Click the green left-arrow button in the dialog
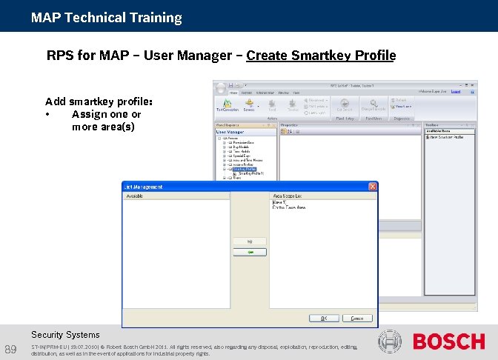click(250, 253)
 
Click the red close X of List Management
click(373, 187)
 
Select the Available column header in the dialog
click(135, 196)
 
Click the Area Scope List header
click(286, 196)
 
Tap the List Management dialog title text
click(143, 187)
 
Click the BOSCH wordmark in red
click(448, 341)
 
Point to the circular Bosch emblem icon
click(390, 341)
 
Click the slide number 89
click(10, 349)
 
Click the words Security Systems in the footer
click(65, 335)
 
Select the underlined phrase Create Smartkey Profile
click(321, 56)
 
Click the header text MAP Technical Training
click(107, 17)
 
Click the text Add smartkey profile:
click(99, 101)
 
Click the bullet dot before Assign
click(47, 115)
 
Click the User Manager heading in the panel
click(230, 132)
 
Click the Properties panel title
click(290, 125)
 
